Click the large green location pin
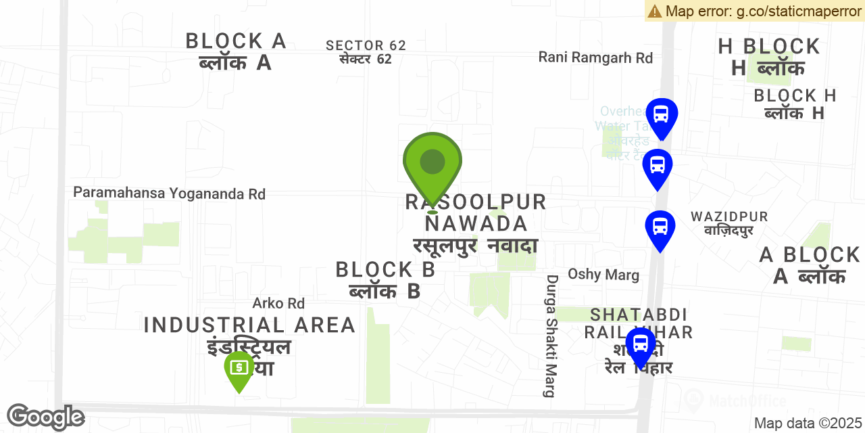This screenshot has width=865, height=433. tap(432, 165)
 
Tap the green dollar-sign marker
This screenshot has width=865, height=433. tap(239, 369)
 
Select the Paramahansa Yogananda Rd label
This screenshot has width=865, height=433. tap(169, 193)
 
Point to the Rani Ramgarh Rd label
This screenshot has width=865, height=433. tap(595, 58)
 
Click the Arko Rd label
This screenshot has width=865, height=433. tap(278, 303)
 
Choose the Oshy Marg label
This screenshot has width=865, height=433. tap(603, 274)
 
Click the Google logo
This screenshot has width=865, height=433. tap(45, 417)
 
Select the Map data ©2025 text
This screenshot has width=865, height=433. tap(808, 424)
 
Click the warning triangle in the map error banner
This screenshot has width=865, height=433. tap(654, 11)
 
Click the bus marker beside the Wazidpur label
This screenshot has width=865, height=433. tap(660, 228)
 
